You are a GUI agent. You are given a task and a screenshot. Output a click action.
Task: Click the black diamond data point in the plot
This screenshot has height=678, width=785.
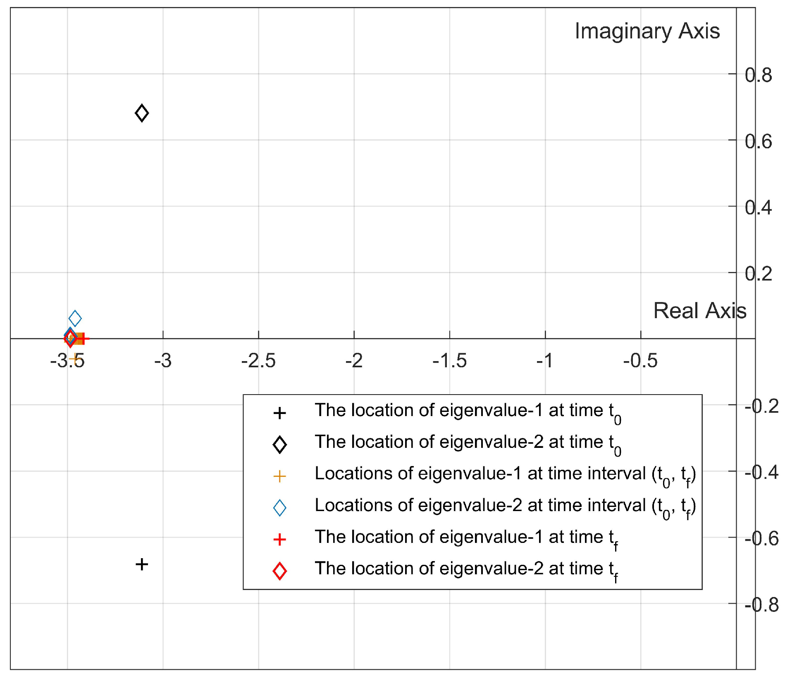click(142, 113)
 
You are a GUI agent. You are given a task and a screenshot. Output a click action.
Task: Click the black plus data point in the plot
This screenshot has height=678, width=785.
click(142, 564)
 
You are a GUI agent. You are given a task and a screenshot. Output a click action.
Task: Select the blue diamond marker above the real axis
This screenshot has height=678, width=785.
click(75, 318)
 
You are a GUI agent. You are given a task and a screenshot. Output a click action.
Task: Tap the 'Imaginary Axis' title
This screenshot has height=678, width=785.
click(647, 31)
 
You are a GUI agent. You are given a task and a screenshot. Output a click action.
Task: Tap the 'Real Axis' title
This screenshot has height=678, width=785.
click(699, 311)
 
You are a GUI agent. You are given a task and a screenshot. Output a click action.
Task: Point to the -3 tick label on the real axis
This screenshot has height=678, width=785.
click(163, 361)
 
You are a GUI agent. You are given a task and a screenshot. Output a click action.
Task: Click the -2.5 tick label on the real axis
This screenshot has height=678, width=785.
click(258, 361)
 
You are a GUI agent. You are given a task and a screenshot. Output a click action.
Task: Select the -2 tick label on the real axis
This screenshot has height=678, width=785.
click(354, 361)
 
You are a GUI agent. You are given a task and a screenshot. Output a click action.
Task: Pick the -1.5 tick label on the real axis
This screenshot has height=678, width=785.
click(449, 361)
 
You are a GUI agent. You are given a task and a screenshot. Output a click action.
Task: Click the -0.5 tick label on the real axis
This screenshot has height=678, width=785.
click(640, 361)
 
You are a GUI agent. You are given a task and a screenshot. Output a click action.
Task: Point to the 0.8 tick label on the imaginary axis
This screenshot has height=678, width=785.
click(758, 75)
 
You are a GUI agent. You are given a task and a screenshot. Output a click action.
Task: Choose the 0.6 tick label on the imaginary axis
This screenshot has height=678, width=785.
click(758, 141)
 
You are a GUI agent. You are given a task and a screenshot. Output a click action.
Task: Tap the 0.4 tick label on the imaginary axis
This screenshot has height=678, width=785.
click(758, 207)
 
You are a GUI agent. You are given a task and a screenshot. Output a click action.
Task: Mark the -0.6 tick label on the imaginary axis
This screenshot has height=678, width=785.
click(761, 538)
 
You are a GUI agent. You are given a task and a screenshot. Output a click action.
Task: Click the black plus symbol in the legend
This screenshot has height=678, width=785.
click(280, 413)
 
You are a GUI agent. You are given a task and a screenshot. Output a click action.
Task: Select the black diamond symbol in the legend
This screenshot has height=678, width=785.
click(280, 445)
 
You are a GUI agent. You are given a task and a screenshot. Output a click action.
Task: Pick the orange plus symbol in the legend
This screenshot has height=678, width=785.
click(280, 476)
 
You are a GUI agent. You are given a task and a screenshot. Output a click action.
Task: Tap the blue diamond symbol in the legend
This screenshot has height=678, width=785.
click(280, 508)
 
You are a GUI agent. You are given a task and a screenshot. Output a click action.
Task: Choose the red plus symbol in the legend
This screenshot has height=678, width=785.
click(280, 539)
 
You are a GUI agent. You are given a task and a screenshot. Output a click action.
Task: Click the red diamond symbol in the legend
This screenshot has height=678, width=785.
click(280, 571)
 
